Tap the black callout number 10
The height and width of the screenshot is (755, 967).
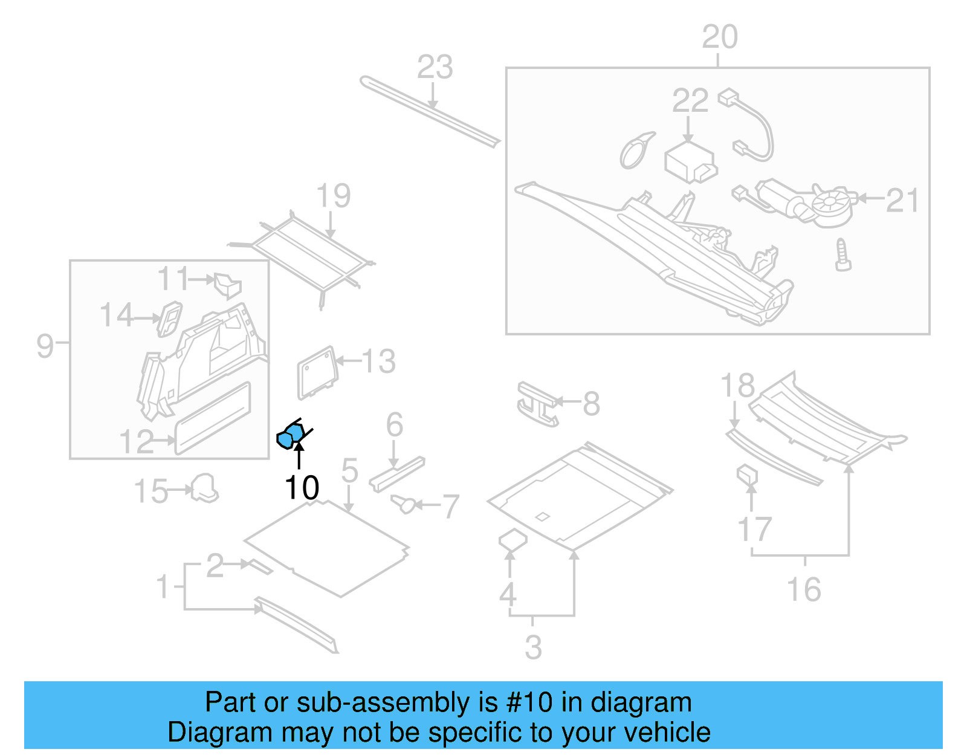tap(302, 488)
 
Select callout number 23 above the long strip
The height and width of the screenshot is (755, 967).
tap(435, 67)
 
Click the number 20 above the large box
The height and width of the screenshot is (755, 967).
tap(719, 37)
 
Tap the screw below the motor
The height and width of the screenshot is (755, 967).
tap(842, 254)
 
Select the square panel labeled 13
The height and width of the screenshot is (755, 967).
tap(316, 372)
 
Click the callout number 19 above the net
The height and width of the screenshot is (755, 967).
tap(333, 196)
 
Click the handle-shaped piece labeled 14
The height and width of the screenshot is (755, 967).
tap(169, 318)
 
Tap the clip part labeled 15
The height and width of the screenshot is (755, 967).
tap(204, 488)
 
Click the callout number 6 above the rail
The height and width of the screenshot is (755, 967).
tap(394, 424)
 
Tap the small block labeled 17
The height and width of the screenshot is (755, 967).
tap(747, 475)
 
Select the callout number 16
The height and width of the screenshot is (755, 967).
tap(804, 589)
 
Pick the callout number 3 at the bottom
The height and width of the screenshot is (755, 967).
tap(533, 647)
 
